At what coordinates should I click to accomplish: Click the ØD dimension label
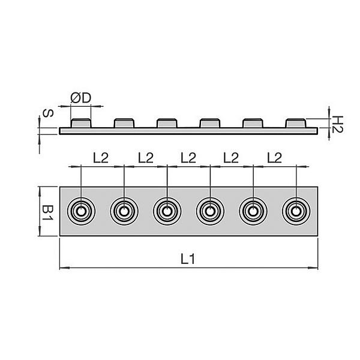(x=81, y=98)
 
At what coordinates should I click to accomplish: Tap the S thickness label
(x=48, y=113)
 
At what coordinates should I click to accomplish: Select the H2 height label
(x=337, y=124)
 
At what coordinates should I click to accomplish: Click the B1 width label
(x=47, y=213)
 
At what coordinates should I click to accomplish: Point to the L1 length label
(x=188, y=259)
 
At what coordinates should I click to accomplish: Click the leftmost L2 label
(x=101, y=158)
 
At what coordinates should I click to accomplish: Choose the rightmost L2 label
(x=274, y=158)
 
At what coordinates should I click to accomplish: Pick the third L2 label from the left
(x=188, y=158)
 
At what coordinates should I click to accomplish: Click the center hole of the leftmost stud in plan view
(x=81, y=211)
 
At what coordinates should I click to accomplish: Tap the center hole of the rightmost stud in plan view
(x=296, y=211)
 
